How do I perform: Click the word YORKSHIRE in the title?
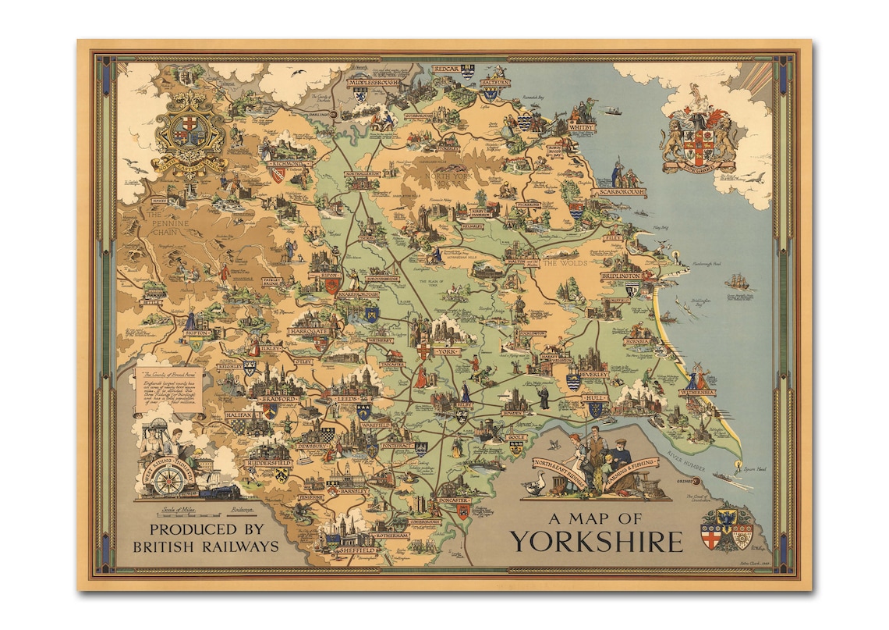point(597,541)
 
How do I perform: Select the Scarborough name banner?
point(620,191)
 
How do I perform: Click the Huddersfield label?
point(267,462)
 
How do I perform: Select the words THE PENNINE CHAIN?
point(164,222)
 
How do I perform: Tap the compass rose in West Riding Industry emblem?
point(166,481)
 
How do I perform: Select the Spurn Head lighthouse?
point(737,465)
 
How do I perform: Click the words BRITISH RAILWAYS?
point(206,547)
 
